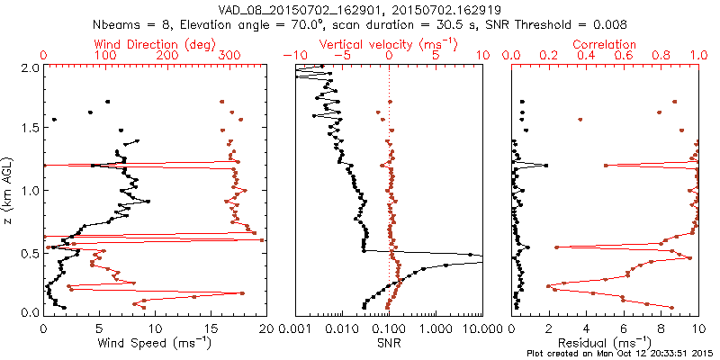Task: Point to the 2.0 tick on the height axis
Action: (29, 67)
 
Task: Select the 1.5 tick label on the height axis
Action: (29, 129)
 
